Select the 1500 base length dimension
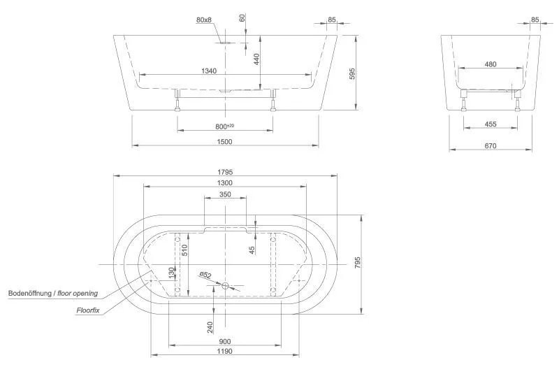click(x=224, y=141)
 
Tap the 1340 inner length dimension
click(x=208, y=70)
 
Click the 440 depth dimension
click(x=257, y=59)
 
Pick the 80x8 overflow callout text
click(x=204, y=20)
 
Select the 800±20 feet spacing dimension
click(x=224, y=126)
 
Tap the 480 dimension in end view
click(x=490, y=64)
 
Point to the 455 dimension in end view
click(x=490, y=124)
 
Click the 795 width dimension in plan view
click(x=357, y=263)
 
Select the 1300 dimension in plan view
click(x=224, y=182)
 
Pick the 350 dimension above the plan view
click(x=224, y=194)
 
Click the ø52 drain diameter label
click(x=205, y=275)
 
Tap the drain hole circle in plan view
click(x=225, y=286)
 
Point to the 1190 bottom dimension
click(x=224, y=352)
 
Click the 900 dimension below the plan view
click(x=224, y=342)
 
